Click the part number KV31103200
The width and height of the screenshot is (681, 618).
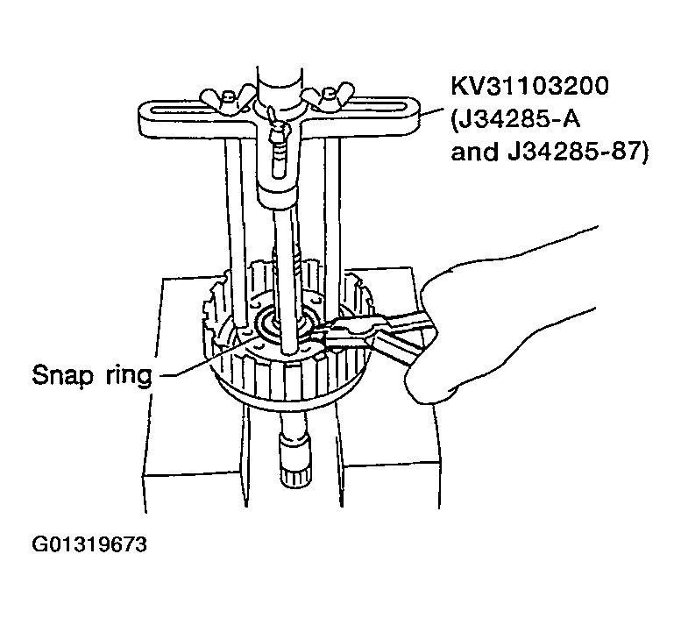pos(530,86)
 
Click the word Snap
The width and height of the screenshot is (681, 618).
pos(62,375)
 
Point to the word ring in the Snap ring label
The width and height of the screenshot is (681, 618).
pos(129,375)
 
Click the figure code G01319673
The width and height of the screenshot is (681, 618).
pos(89,544)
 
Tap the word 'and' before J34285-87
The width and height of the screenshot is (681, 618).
pos(473,152)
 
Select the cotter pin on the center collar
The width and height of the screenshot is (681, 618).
pos(274,122)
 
